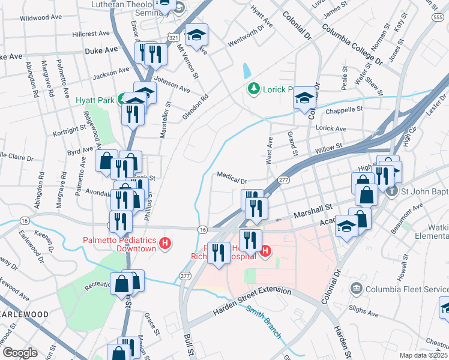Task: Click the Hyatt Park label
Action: pos(95,101)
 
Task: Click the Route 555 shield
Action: pos(438,18)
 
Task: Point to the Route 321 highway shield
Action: pos(173,37)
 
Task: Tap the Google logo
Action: pos(20,353)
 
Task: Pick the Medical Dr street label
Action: pos(232,179)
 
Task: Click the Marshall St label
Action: pos(312,211)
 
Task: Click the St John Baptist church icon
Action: pos(391,192)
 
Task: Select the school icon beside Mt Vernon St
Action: pos(196,35)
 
